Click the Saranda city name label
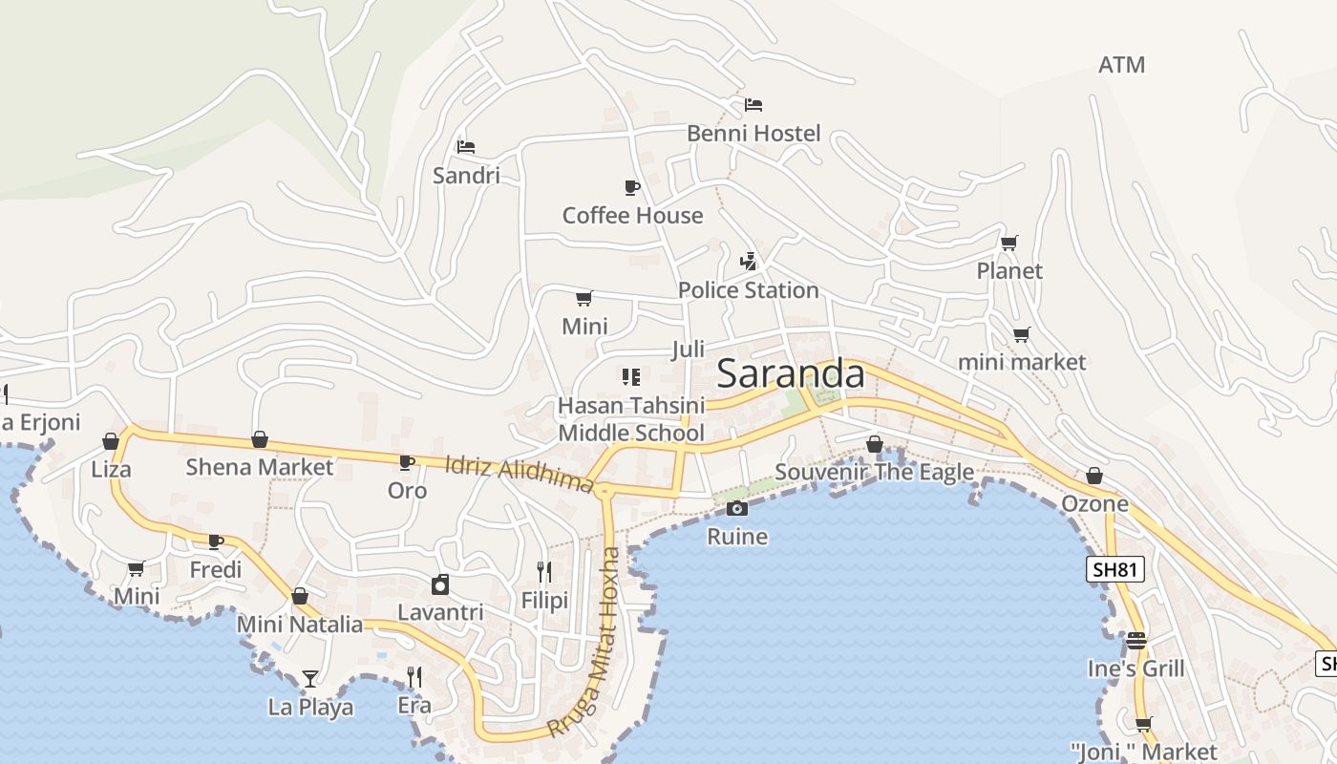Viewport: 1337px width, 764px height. click(791, 373)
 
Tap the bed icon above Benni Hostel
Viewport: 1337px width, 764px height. click(753, 104)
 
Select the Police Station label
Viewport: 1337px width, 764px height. click(748, 290)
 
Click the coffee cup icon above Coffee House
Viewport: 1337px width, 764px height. click(631, 186)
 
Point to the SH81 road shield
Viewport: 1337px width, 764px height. click(1115, 570)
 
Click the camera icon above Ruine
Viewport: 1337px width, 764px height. click(736, 509)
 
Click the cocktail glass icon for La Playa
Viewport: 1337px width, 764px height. click(310, 679)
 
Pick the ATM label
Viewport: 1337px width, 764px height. click(1121, 65)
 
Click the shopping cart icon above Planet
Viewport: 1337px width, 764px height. click(1009, 243)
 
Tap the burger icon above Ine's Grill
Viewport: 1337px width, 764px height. click(1135, 640)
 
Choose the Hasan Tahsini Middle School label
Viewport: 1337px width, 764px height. click(630, 419)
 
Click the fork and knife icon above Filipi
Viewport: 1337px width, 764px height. click(544, 572)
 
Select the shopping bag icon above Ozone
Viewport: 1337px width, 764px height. click(1094, 476)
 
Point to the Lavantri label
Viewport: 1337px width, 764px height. click(440, 612)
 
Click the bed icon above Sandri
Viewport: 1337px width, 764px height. click(466, 147)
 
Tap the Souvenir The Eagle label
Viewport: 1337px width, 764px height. click(874, 472)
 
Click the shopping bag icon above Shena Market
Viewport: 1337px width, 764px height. click(259, 439)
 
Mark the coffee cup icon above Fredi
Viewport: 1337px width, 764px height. click(216, 541)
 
